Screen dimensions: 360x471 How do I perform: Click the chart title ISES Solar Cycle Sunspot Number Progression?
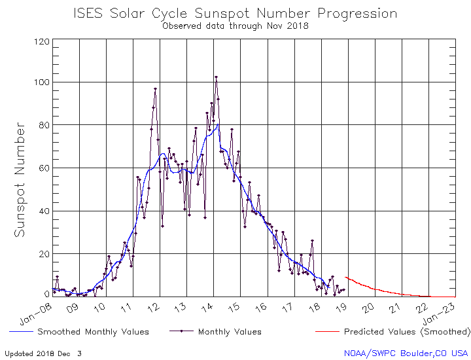pos(235,13)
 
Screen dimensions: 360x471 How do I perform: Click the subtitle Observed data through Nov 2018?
pos(235,26)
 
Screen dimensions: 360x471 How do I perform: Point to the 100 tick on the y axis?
pos(43,82)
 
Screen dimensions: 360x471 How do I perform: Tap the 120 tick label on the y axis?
pos(43,41)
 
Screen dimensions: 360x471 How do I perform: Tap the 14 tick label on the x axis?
pos(216,307)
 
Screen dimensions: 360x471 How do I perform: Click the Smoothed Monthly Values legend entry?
pos(92,332)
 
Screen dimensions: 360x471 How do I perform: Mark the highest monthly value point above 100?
pos(216,77)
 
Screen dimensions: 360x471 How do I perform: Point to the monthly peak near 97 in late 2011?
pos(155,88)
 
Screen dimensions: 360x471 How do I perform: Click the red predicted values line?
pos(379,289)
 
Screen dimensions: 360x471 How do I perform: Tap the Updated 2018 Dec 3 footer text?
pos(44,353)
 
